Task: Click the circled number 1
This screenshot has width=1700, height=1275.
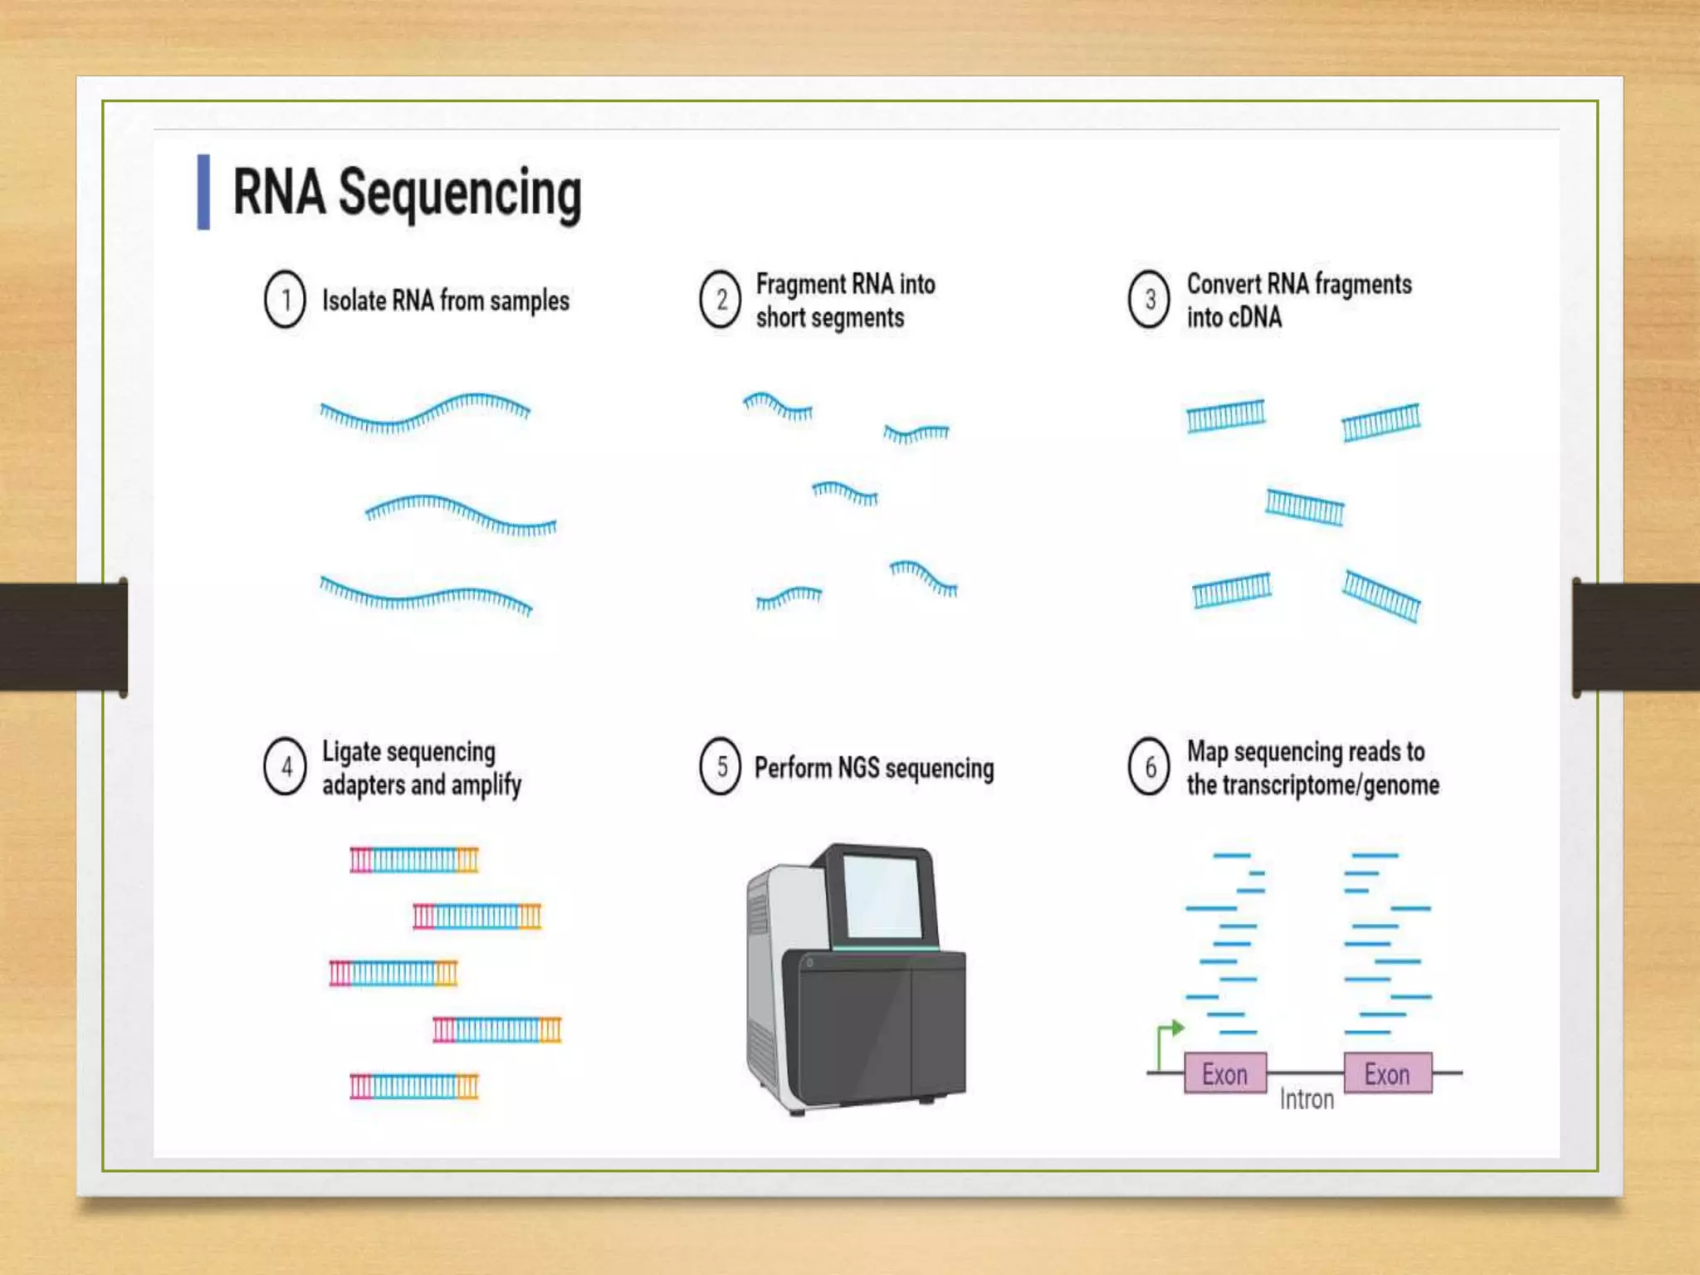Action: [286, 300]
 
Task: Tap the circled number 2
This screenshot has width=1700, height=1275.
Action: [721, 300]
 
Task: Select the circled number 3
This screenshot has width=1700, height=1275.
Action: [1150, 300]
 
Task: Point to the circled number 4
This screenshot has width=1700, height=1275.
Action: [286, 767]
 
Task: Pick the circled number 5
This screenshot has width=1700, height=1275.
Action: [721, 767]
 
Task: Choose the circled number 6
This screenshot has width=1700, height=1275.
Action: [1150, 767]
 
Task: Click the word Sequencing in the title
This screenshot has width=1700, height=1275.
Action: [460, 193]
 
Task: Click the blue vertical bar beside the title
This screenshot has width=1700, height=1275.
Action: [203, 192]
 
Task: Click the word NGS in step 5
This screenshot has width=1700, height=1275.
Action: [857, 769]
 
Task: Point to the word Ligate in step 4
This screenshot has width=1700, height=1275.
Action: [351, 751]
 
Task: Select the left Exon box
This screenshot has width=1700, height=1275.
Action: [1225, 1074]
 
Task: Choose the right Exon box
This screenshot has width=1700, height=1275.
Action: [1387, 1074]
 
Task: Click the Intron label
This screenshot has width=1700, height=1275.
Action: [1307, 1100]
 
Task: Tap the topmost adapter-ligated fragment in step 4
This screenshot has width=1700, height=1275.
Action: [414, 860]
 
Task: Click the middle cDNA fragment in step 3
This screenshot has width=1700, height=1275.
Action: [1304, 507]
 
